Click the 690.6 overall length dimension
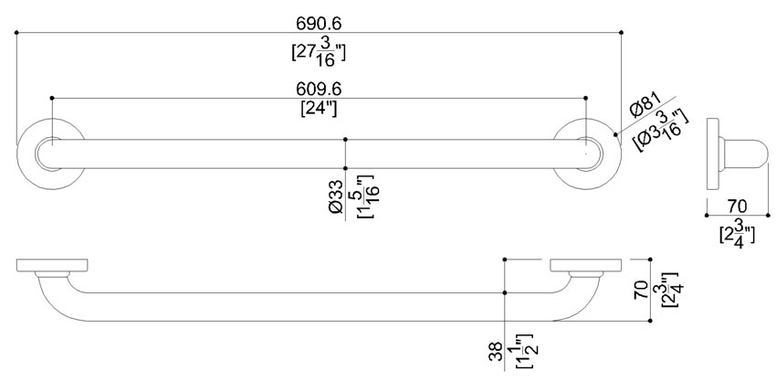(x=319, y=23)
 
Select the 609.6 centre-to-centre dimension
(x=319, y=89)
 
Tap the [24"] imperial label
(x=319, y=108)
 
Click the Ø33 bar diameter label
(x=336, y=196)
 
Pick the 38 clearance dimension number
(x=496, y=352)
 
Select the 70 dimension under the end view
(x=738, y=206)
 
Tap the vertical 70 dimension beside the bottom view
(x=642, y=290)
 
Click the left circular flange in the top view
(x=20, y=154)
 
